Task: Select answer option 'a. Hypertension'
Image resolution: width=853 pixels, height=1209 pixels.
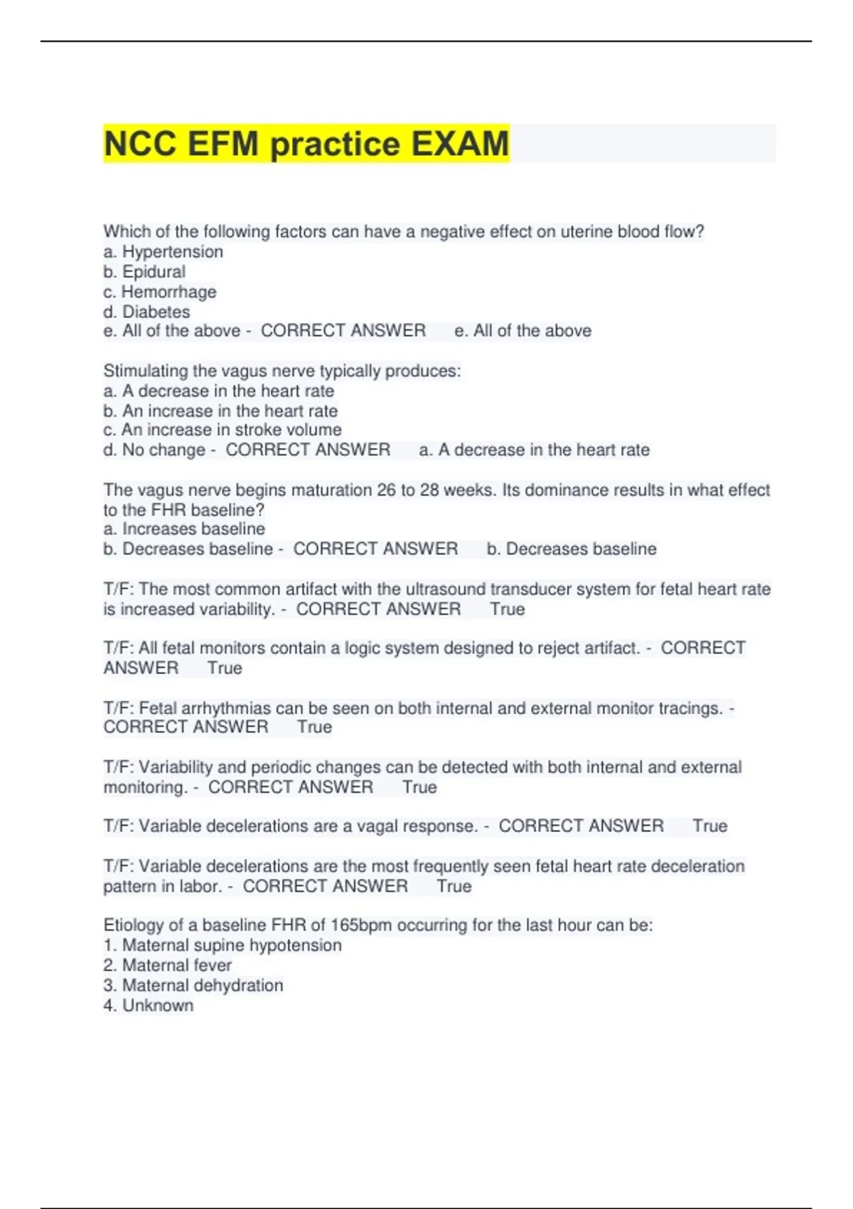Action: pyautogui.click(x=163, y=252)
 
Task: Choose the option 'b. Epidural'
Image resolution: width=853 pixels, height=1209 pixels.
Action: pyautogui.click(x=144, y=272)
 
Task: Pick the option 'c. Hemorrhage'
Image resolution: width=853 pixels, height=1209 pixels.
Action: pyautogui.click(x=160, y=292)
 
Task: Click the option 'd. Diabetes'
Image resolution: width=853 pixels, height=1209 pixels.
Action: pyautogui.click(x=146, y=311)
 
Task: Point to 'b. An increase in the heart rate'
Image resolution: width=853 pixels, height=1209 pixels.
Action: pyautogui.click(x=220, y=411)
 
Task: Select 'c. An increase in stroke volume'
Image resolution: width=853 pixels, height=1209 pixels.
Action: pyautogui.click(x=222, y=430)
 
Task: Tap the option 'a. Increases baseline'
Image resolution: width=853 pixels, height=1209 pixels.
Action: pyautogui.click(x=184, y=529)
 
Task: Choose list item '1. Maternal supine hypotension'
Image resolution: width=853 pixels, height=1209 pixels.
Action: pyautogui.click(x=222, y=945)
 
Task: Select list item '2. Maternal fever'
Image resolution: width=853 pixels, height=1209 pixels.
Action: pyautogui.click(x=168, y=965)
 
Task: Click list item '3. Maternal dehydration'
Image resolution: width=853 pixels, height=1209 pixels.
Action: pyautogui.click(x=193, y=985)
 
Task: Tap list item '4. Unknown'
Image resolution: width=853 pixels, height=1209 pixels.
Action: pyautogui.click(x=149, y=1005)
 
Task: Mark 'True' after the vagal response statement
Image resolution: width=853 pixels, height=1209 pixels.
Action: pyautogui.click(x=710, y=826)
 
